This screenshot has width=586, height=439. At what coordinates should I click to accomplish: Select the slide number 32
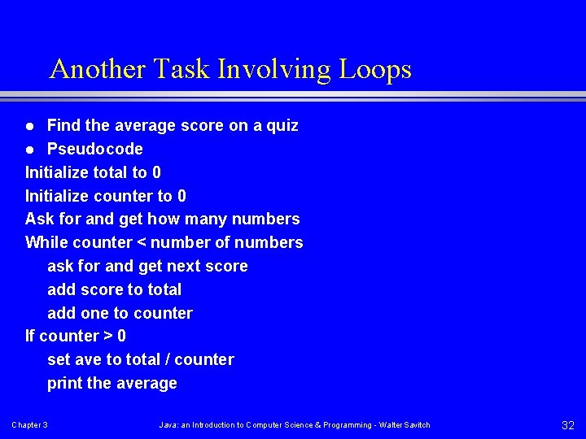568,425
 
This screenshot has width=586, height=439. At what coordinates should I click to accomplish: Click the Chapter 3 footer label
29,425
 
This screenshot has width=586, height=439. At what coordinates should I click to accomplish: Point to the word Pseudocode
95,149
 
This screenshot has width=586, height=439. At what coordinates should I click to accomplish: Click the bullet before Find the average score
29,127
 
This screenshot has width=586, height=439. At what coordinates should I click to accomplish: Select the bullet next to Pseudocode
29,150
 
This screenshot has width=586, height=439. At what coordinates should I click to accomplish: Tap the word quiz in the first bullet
282,126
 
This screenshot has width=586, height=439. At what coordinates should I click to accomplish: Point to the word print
64,383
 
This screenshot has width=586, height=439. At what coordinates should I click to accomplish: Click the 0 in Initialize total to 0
156,172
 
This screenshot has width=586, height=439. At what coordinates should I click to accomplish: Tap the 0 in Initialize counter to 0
181,196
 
